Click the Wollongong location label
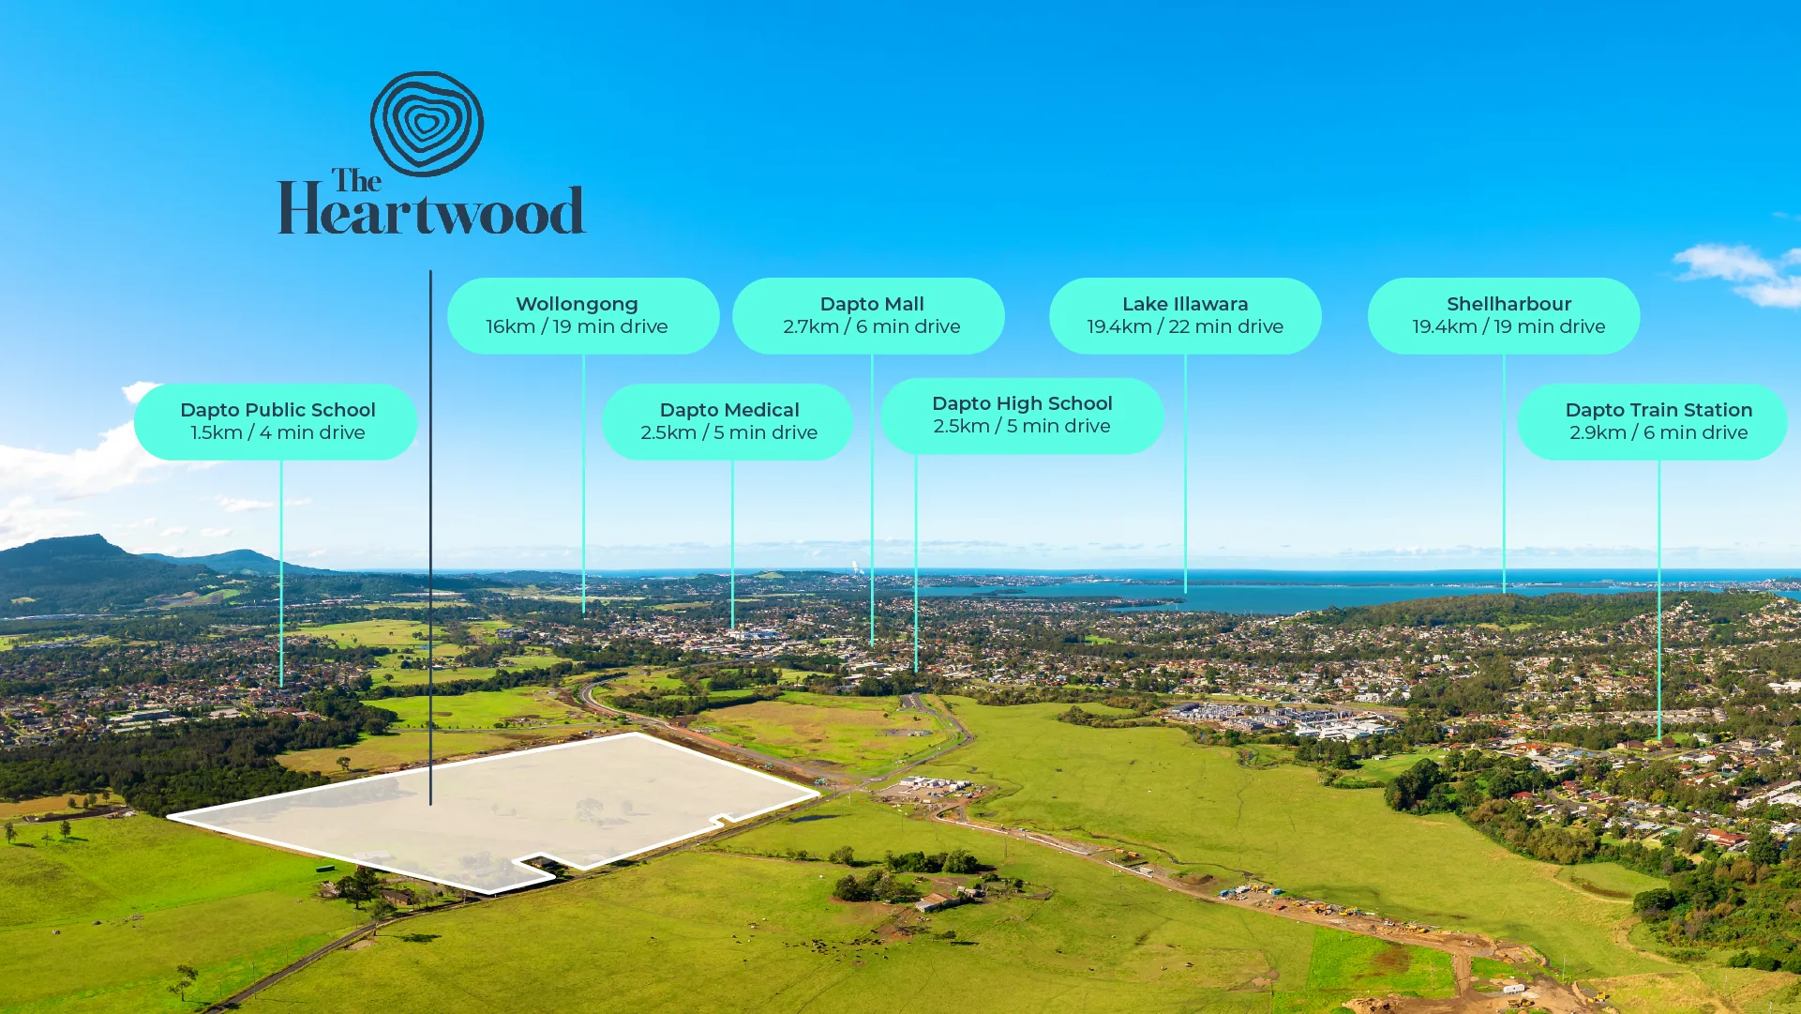click(583, 315)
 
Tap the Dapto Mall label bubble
click(868, 315)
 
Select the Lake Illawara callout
click(1185, 315)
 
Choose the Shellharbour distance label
click(1504, 315)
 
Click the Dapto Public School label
click(276, 421)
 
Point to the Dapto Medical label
click(728, 421)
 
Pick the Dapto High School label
click(1022, 416)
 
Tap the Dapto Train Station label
click(1652, 421)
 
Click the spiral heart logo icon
click(427, 124)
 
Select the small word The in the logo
click(356, 180)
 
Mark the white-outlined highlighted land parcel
click(492, 811)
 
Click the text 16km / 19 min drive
click(577, 326)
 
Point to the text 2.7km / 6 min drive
click(872, 326)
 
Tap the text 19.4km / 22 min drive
click(1185, 326)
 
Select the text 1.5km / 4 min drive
click(278, 432)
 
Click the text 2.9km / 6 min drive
click(1658, 432)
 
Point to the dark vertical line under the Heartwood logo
click(430, 537)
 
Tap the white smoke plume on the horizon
click(855, 567)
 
